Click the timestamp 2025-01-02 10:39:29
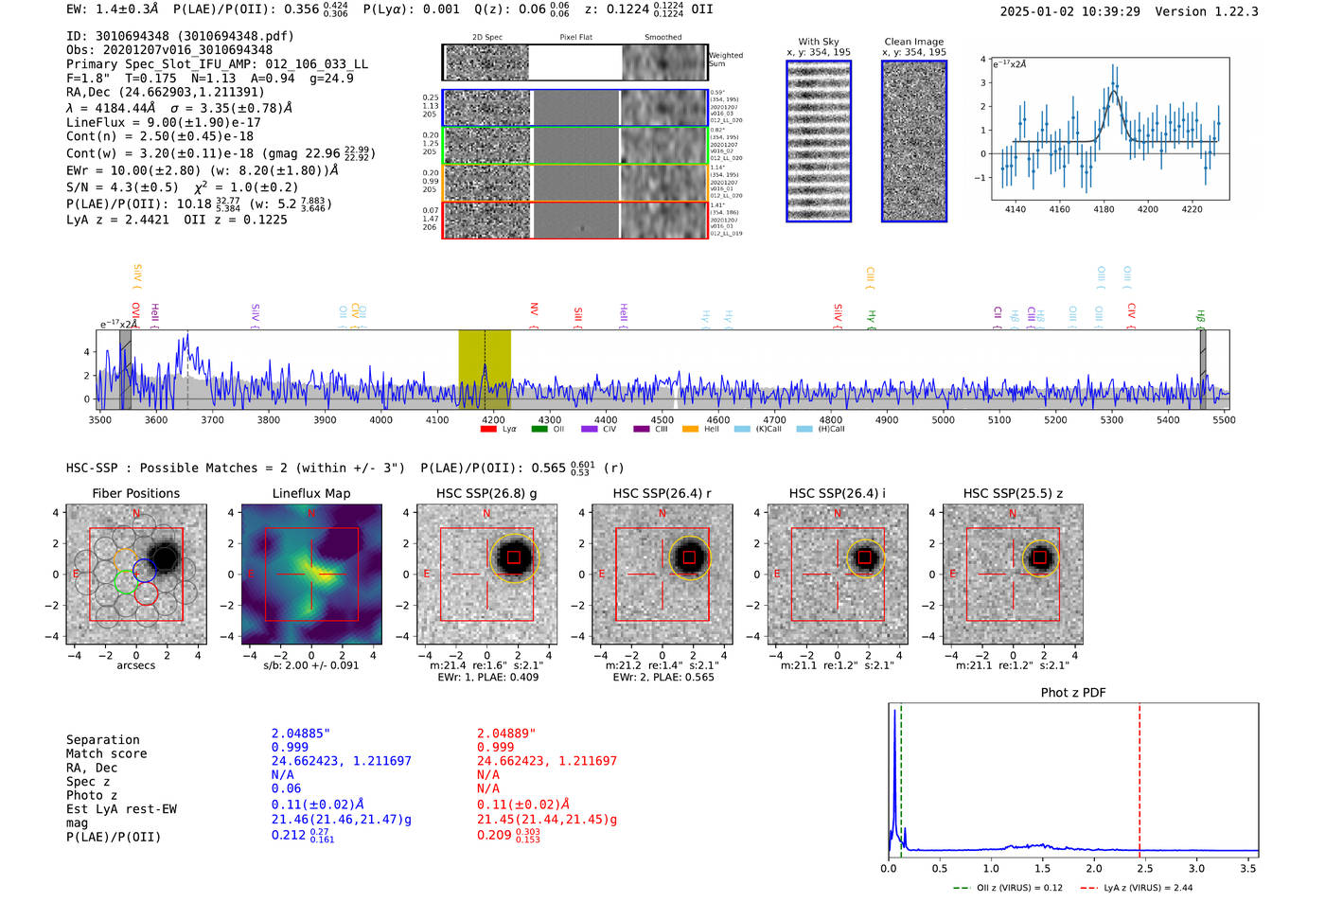pos(1069,11)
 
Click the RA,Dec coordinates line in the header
pos(166,92)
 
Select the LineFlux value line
pos(163,122)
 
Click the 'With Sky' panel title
pos(818,42)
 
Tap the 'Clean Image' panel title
pos(913,42)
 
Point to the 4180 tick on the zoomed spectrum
pos(1104,209)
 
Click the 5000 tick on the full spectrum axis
pos(943,420)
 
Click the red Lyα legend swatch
pos(488,429)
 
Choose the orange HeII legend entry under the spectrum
pos(691,429)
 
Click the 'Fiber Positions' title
pos(135,493)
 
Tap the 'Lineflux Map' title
pos(310,493)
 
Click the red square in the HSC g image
pos(513,557)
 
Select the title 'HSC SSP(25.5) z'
pos(1013,493)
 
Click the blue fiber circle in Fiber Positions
pos(144,571)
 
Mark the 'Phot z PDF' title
pos(1073,693)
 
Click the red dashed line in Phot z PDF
pos(1139,776)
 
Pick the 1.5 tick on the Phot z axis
pos(1042,868)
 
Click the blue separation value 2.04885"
pos(301,734)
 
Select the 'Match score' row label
pos(106,753)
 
